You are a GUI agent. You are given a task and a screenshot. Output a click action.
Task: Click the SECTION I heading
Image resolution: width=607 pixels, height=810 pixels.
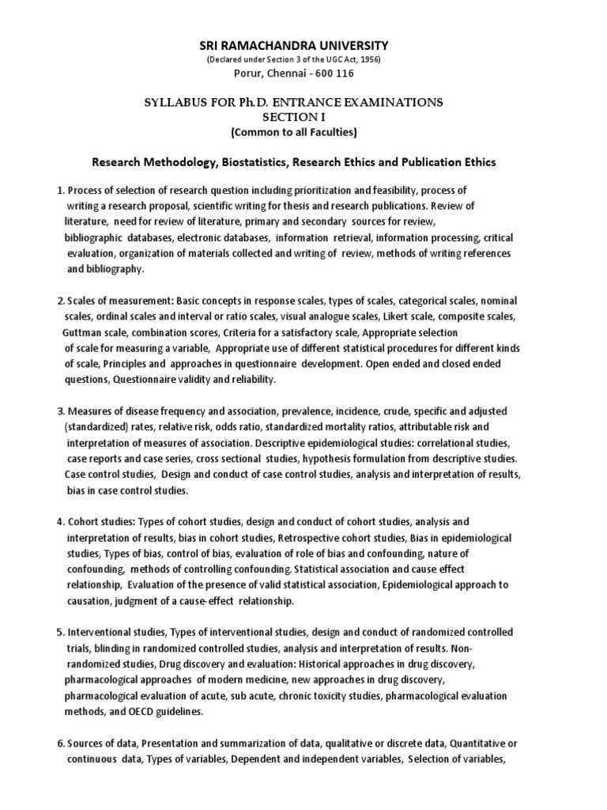[303, 116]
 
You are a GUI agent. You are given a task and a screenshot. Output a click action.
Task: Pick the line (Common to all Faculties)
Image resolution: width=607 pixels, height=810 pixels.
[303, 131]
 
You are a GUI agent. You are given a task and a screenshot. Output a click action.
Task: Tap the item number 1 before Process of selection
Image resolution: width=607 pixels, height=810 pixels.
[59, 191]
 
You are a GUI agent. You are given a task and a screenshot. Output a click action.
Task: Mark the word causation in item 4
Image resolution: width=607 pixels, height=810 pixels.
[92, 601]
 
